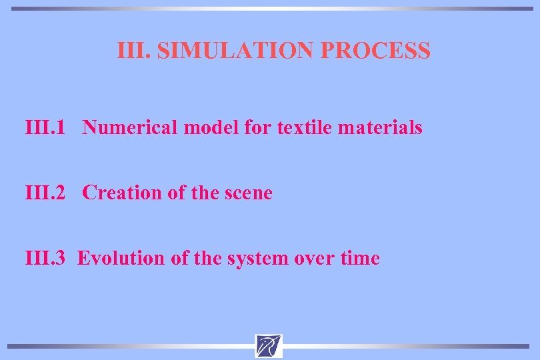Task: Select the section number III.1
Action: [45, 127]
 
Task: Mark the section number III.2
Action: [45, 193]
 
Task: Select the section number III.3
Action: [45, 258]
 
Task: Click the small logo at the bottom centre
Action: [269, 346]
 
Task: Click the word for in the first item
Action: [257, 127]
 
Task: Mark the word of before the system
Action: [179, 258]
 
